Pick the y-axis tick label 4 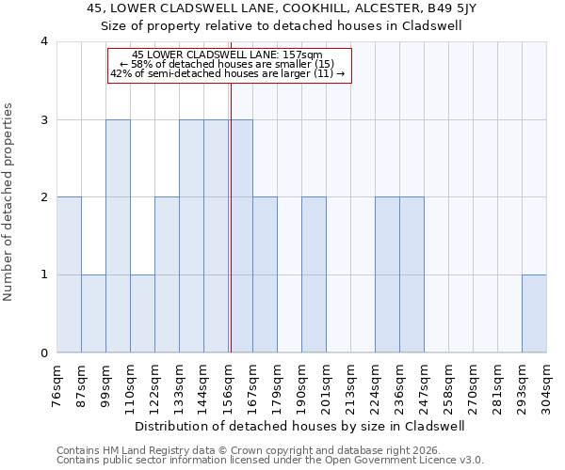pyautogui.click(x=44, y=41)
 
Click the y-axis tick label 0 pyautogui.click(x=44, y=353)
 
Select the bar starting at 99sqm pyautogui.click(x=118, y=236)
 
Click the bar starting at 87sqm pyautogui.click(x=93, y=314)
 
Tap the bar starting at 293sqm pyautogui.click(x=534, y=314)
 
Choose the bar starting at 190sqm pyautogui.click(x=314, y=275)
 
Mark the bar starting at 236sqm pyautogui.click(x=412, y=275)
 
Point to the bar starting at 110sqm pyautogui.click(x=142, y=314)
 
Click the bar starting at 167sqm pyautogui.click(x=265, y=275)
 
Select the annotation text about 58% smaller pyautogui.click(x=228, y=64)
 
